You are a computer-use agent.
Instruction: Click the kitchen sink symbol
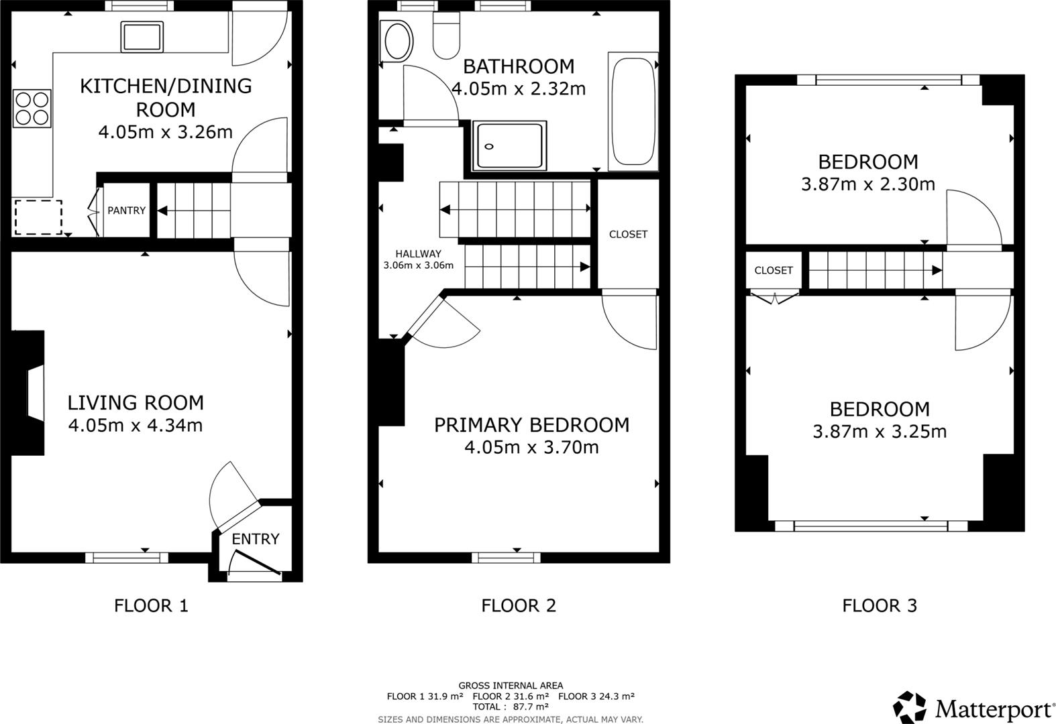142,37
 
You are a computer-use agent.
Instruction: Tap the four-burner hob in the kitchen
32,109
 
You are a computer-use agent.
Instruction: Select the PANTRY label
126,210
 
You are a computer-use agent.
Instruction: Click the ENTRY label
255,539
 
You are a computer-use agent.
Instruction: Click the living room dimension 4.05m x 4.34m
136,425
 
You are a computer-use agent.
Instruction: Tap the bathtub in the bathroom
633,112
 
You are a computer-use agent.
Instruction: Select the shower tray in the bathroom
509,145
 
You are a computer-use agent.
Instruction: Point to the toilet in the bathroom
445,37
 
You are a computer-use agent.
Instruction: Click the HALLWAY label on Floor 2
418,254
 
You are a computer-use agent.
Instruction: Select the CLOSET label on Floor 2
628,235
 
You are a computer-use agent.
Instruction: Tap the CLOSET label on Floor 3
774,270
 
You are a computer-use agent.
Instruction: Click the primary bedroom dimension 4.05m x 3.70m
531,447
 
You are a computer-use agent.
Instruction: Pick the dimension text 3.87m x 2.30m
867,184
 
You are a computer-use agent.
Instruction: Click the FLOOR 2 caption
519,606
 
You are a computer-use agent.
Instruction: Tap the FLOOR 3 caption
879,606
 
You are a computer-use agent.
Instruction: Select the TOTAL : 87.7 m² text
511,707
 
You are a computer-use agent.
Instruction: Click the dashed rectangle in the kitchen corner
38,217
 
